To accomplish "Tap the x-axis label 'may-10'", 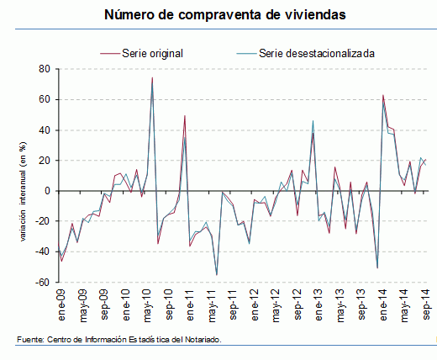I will tap(149, 304).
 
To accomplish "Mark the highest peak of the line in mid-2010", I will tap(152, 78).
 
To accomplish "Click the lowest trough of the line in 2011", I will tap(217, 275).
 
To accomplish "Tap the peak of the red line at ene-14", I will tap(382, 95).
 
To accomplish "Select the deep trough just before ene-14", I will tap(377, 267).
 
